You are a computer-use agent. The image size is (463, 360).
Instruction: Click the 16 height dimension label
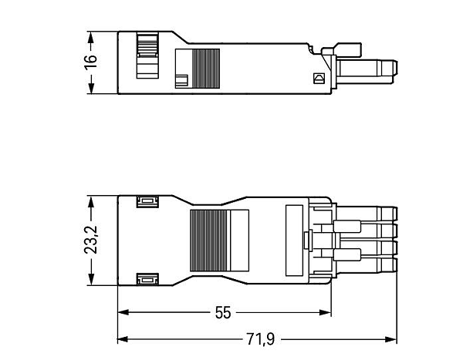click(90, 62)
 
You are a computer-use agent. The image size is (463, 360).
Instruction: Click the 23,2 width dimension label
click(90, 240)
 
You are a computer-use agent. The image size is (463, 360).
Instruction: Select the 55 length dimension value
click(223, 313)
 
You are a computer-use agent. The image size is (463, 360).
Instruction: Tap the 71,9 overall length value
click(261, 339)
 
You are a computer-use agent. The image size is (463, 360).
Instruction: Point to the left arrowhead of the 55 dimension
click(123, 312)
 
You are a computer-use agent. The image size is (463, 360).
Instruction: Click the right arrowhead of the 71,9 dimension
click(391, 339)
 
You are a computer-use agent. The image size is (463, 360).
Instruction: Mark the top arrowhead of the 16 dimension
click(91, 37)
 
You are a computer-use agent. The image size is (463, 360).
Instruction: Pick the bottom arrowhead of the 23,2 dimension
click(91, 279)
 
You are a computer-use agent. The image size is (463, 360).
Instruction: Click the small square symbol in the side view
click(319, 78)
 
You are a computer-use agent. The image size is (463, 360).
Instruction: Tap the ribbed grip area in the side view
click(206, 69)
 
